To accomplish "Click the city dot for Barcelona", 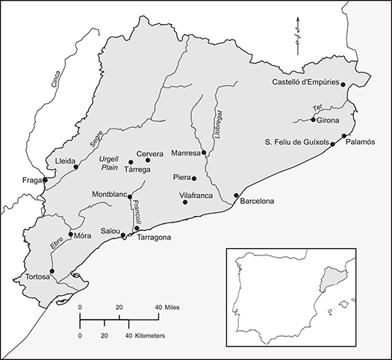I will (x=236, y=196).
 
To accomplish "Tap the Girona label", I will (x=329, y=120).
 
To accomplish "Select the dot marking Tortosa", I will (x=52, y=271).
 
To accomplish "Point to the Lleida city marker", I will (x=75, y=167).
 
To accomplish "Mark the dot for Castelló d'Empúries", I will (x=343, y=85).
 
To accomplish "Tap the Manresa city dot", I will (x=204, y=153).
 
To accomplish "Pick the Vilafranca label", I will (x=197, y=194).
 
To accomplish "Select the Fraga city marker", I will (x=45, y=180).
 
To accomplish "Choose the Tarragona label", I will (x=152, y=238).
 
